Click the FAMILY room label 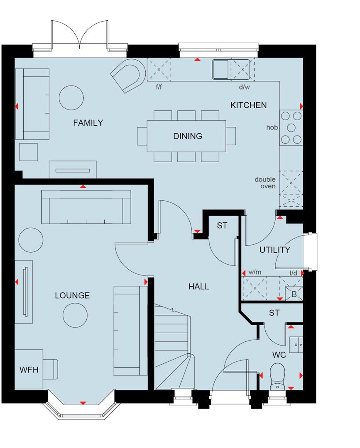click(88, 123)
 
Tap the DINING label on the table click(188, 136)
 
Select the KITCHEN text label click(248, 105)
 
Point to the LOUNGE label click(72, 295)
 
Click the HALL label click(198, 286)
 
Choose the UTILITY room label click(274, 250)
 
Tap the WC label click(279, 355)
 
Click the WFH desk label click(29, 369)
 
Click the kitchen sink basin click(220, 69)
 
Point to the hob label click(272, 127)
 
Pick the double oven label click(265, 183)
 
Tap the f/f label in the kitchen click(159, 88)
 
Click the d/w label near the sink click(244, 88)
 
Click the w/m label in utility click(255, 273)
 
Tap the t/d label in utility click(293, 273)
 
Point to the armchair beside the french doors click(129, 75)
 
